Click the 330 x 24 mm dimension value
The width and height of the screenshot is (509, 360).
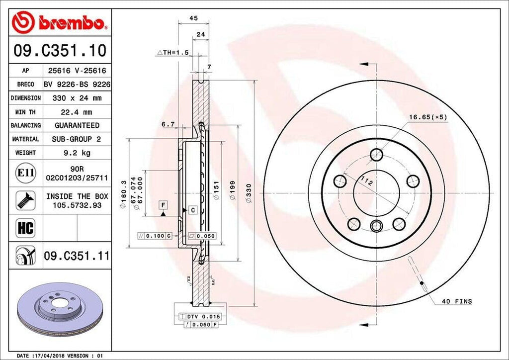(77, 98)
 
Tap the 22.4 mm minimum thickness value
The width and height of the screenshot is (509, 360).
(77, 112)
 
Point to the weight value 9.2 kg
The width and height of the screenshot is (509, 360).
(77, 153)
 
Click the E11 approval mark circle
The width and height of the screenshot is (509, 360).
(26, 173)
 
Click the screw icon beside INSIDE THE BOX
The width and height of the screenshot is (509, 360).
(26, 199)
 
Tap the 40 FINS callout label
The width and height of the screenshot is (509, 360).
(456, 301)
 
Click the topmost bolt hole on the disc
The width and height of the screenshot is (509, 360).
(376, 155)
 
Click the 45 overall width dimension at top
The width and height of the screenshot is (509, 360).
(194, 18)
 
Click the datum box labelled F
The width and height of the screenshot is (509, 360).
(163, 204)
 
